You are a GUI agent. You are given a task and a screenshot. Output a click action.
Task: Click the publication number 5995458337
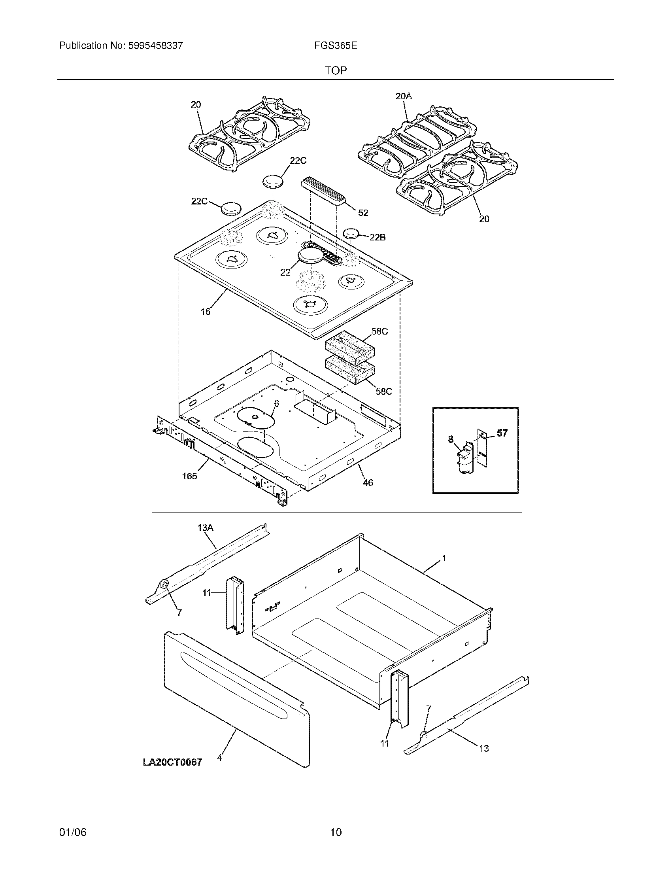(155, 46)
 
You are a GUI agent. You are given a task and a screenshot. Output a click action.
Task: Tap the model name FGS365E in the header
(335, 46)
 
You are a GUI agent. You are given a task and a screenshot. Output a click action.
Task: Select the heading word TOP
(336, 71)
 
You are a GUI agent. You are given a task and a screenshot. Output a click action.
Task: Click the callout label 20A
(403, 96)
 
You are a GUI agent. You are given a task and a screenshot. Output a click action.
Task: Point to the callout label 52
(362, 213)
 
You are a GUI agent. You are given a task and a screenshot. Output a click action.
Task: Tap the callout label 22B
(377, 237)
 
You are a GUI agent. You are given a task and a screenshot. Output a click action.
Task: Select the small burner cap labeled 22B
(351, 233)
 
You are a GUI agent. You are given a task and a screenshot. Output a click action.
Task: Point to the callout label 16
(206, 312)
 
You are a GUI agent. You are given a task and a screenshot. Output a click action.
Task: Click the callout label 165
(189, 476)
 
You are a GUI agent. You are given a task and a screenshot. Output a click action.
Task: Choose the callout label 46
(368, 482)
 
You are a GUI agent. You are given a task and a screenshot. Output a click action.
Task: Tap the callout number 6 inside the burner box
(276, 403)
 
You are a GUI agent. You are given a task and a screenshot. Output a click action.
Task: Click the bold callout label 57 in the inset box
(502, 433)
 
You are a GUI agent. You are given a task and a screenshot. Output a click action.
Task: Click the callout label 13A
(206, 528)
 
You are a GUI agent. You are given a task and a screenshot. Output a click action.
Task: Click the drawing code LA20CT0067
(172, 762)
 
